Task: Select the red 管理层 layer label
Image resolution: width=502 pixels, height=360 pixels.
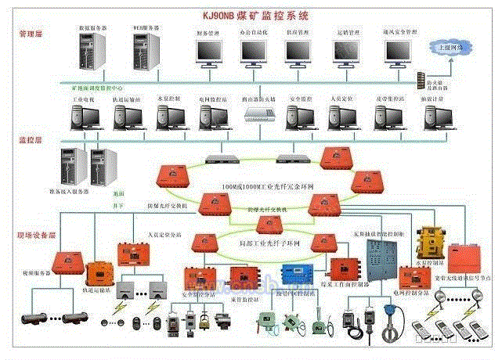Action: tap(32, 35)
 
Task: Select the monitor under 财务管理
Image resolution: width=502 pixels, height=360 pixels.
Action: tap(210, 52)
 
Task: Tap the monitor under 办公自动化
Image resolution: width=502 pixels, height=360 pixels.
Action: tap(255, 52)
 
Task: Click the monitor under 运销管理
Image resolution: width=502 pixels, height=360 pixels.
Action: tap(347, 52)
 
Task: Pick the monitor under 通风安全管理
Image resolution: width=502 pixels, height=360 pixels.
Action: tap(399, 52)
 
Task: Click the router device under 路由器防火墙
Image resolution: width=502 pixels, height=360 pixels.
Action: tap(258, 116)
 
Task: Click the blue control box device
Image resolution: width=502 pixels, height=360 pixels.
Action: tap(299, 277)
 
